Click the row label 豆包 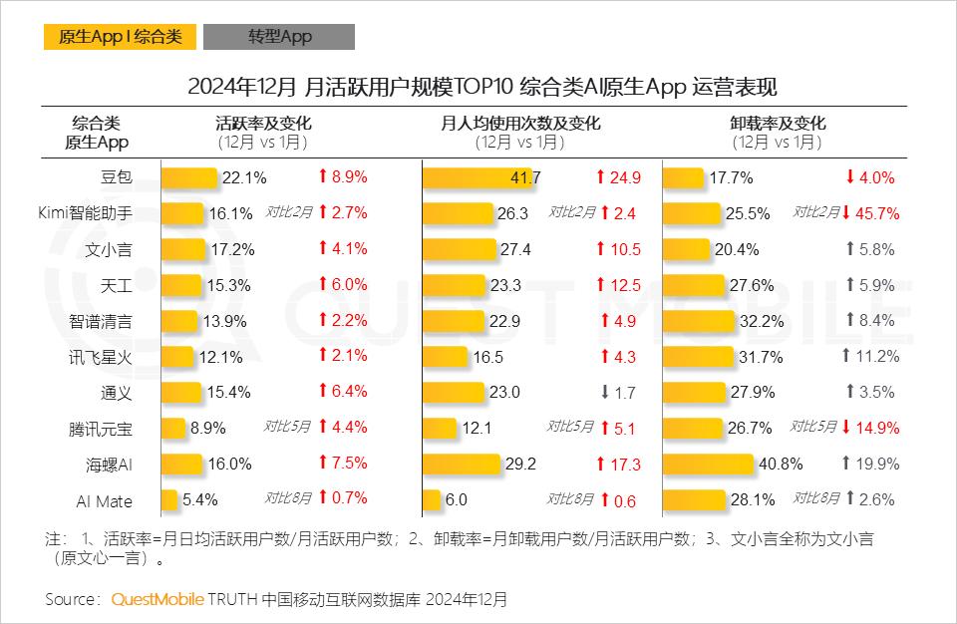tap(117, 178)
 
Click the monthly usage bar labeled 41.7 tap(479, 178)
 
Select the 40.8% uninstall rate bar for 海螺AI tap(708, 464)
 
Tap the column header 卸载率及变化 tap(778, 125)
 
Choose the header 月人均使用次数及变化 tap(520, 125)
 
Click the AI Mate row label tap(105, 500)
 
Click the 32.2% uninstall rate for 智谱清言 tap(761, 321)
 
